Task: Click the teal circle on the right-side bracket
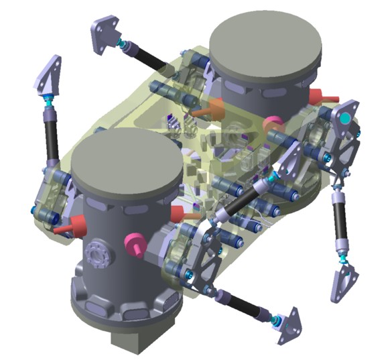point(344,119)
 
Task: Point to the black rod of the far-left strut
point(51,137)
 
